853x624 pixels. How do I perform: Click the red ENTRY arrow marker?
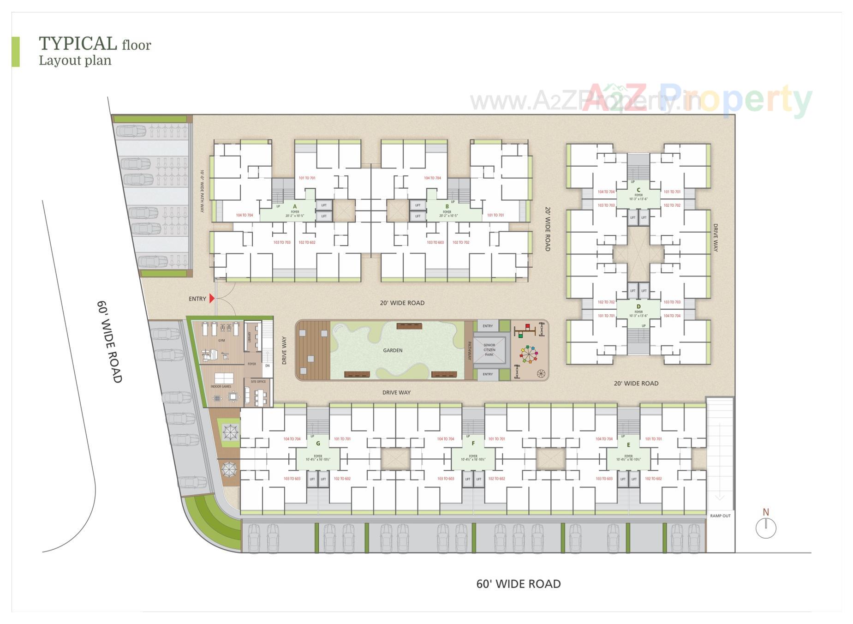coord(212,299)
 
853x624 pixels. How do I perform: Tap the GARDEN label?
coord(393,350)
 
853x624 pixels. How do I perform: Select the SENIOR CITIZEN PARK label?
coord(489,349)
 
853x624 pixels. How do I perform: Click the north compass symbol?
coord(766,528)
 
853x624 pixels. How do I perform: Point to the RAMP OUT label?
coord(720,516)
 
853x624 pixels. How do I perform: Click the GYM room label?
coord(221,340)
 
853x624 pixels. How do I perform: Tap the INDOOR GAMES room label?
coord(221,386)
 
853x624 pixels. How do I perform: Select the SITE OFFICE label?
coord(258,382)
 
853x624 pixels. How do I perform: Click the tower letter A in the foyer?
coord(295,206)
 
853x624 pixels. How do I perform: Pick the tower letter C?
coord(638,190)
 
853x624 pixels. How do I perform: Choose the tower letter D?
coord(638,306)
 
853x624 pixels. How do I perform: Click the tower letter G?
coord(318,444)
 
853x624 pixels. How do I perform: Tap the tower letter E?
coord(628,444)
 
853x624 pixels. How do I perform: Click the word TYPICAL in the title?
coord(78,43)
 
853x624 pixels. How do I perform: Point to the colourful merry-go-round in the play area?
coord(529,354)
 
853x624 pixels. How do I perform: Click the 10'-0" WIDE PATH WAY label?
coord(202,191)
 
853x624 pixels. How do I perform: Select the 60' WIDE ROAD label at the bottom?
coord(518,584)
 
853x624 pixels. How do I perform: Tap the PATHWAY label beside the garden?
coord(470,350)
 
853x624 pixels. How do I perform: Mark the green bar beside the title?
coord(15,52)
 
